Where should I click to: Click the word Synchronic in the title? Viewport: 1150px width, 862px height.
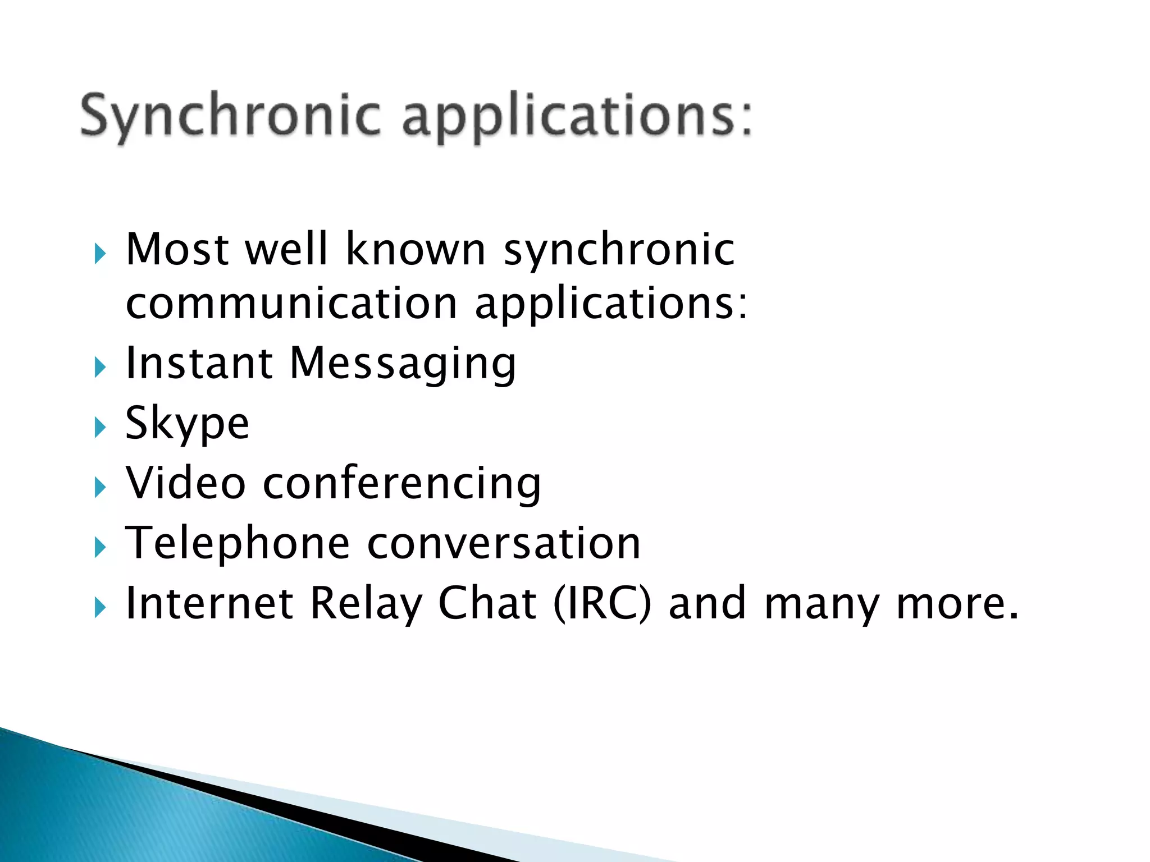click(230, 117)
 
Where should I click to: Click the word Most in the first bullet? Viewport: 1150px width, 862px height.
click(177, 249)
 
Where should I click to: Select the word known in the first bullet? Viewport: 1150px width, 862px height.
click(416, 249)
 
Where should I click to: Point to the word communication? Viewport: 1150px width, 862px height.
click(291, 303)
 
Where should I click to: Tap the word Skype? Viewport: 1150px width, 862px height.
click(187, 424)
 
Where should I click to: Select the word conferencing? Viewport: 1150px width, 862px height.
click(402, 484)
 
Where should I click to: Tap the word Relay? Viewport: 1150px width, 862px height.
click(366, 604)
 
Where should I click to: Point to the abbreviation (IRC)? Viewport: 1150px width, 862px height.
click(603, 604)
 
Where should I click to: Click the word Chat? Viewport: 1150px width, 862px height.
click(487, 603)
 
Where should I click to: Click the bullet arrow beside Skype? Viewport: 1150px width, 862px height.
click(100, 428)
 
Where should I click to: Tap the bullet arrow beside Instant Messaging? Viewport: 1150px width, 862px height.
click(100, 368)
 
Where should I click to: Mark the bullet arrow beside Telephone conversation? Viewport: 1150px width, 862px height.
click(100, 547)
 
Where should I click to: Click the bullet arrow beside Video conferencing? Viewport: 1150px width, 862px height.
click(100, 487)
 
